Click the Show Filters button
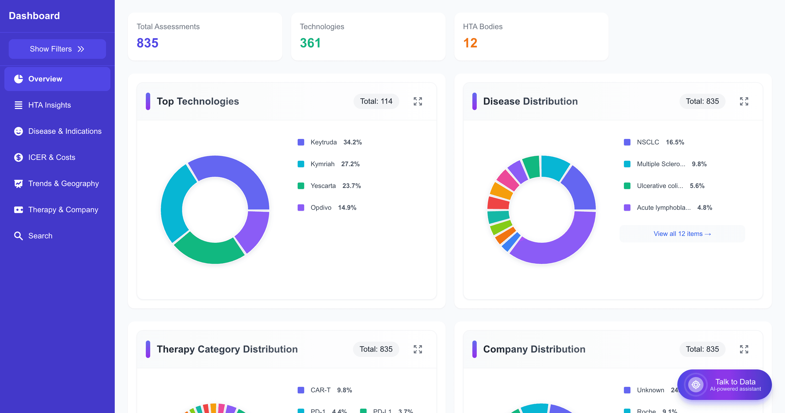coord(57,49)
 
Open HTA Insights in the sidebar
coord(49,105)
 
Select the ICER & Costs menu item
coord(52,157)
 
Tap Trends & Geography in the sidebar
coord(64,184)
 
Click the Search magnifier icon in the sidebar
coord(18,236)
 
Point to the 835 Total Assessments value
coord(147,43)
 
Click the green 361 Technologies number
coord(310,43)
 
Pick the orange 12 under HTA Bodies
coord(470,43)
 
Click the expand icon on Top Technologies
coord(418,101)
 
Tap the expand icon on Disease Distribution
coord(744,101)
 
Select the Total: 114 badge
coord(376,101)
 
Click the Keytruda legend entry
coord(323,142)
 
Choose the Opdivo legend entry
coord(321,208)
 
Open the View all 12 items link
coord(682,234)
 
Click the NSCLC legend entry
coord(648,142)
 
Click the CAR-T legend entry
coord(320,390)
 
